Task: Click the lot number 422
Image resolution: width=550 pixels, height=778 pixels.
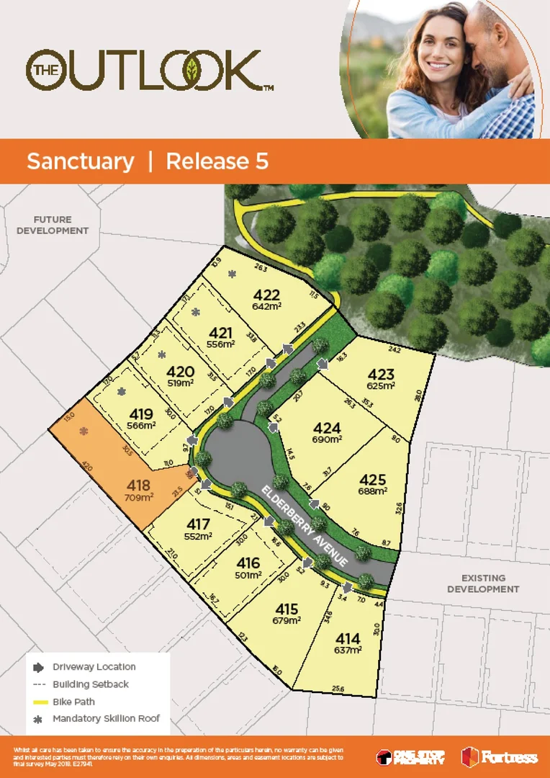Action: pos(266,294)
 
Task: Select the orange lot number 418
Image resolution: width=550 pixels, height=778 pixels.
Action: pos(138,485)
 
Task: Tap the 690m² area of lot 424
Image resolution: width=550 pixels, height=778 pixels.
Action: pos(327,439)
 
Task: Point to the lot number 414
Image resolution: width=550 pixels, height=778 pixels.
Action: pos(348,638)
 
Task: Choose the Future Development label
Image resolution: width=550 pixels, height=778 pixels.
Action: pos(53,225)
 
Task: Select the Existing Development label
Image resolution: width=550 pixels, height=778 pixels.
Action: pos(483,583)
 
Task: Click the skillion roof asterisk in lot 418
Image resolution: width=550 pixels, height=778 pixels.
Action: pos(84,432)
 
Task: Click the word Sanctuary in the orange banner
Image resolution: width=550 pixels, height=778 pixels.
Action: pos(80,161)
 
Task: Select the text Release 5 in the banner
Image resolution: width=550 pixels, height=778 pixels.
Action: pos(217,161)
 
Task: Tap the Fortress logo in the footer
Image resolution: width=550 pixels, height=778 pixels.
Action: pos(500,757)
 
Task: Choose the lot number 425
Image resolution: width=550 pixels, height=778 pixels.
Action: pos(373,480)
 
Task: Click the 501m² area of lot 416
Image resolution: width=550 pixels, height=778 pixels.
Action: pos(248,576)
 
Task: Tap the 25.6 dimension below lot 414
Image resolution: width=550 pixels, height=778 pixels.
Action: pos(338,689)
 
